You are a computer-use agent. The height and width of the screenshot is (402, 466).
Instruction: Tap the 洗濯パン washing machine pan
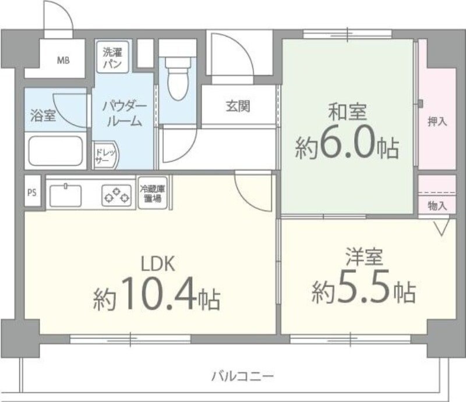[x=113, y=58]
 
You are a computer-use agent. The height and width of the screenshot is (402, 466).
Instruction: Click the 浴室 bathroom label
[x=43, y=114]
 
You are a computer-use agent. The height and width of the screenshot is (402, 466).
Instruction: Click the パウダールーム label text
[x=122, y=113]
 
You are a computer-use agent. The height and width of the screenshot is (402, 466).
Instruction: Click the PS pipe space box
[x=32, y=193]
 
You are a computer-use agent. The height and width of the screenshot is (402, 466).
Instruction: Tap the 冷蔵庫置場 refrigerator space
[x=153, y=194]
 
